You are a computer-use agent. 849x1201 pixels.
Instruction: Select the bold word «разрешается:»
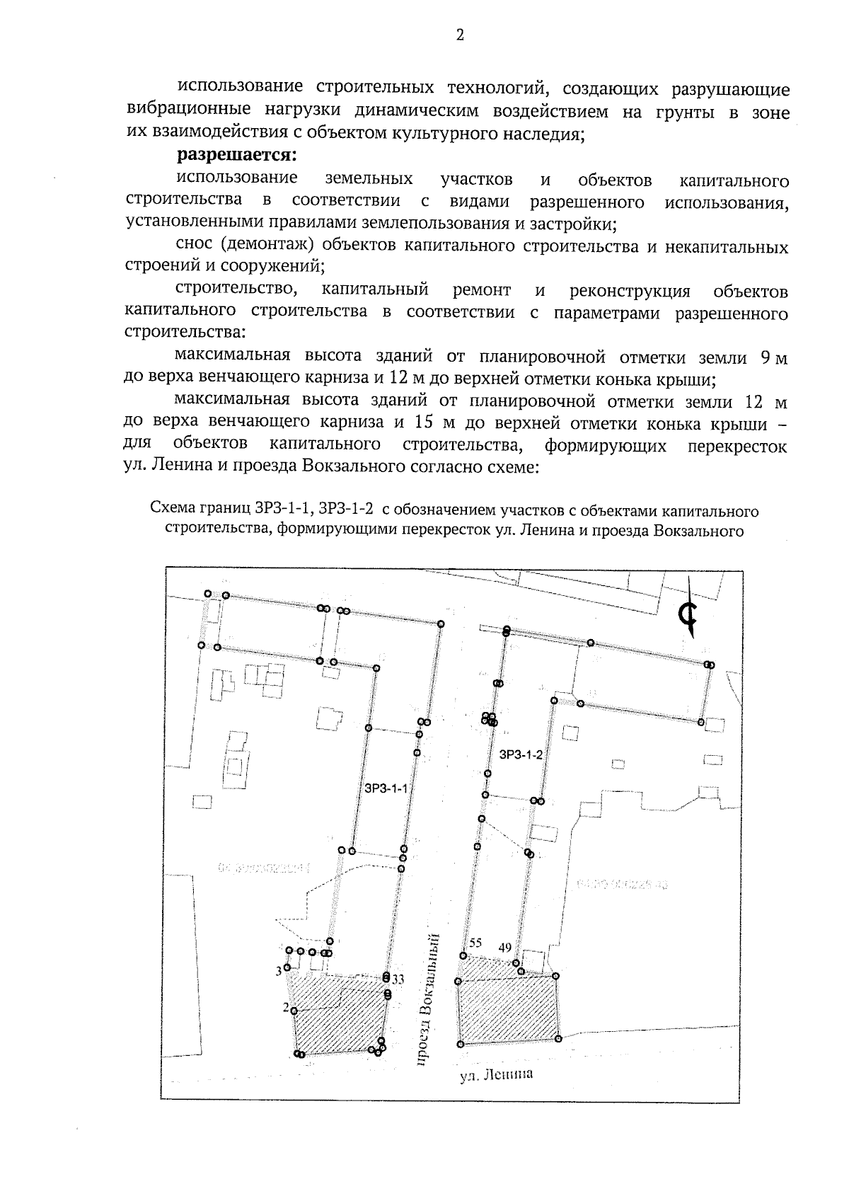pos(235,155)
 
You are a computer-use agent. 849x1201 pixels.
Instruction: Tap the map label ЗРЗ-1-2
pos(521,754)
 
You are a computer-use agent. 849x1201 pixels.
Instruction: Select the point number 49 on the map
pos(505,946)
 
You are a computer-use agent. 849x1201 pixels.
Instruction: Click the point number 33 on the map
pos(398,979)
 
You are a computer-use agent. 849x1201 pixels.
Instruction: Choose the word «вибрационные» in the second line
pos(187,110)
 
